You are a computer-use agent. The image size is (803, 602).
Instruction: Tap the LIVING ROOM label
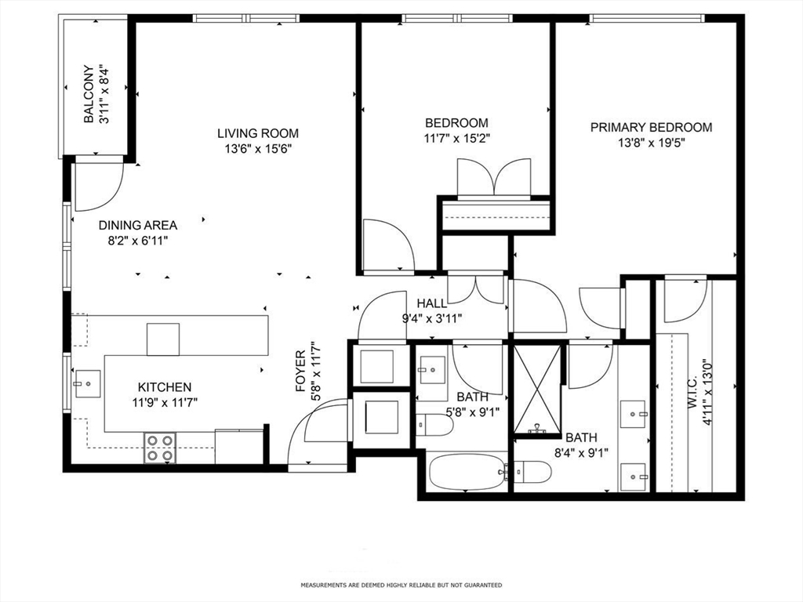(258, 133)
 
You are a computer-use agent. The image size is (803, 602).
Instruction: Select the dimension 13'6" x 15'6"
(258, 148)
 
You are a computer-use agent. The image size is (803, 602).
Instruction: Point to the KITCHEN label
(165, 387)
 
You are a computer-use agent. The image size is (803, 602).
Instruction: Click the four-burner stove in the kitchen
(159, 448)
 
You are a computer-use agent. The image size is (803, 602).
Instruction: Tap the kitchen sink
(87, 385)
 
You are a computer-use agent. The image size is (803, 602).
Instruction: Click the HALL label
(431, 303)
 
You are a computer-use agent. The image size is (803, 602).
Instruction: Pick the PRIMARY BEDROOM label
(651, 127)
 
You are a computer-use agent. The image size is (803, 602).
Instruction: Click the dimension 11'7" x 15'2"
(456, 138)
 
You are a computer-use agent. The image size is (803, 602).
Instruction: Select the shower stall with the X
(537, 389)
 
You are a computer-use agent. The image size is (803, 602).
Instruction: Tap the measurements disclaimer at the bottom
(401, 586)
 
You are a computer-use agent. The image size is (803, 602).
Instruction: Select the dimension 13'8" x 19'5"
(651, 143)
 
